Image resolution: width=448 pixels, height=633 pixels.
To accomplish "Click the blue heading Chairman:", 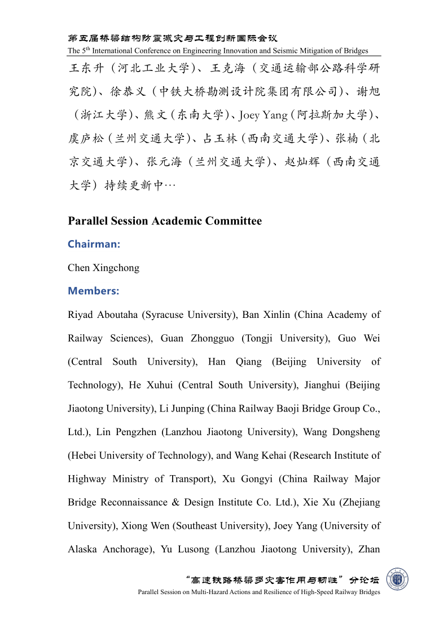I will tap(94, 244).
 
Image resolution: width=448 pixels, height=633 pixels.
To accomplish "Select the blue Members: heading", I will tap(93, 291).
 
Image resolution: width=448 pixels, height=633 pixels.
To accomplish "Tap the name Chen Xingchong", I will tap(103, 268).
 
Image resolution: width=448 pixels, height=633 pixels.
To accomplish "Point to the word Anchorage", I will tap(127, 549).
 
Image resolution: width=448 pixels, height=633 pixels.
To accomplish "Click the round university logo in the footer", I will tap(397, 579).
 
